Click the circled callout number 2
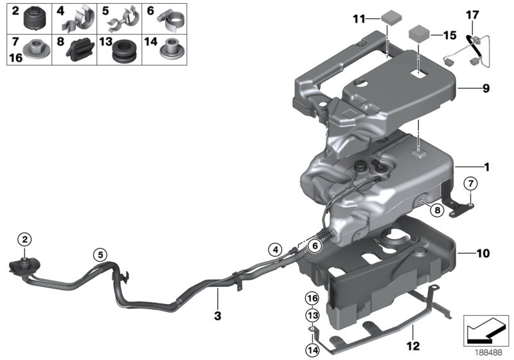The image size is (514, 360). point(24,240)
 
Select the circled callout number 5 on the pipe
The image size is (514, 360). point(100,254)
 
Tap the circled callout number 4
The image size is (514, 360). point(276,249)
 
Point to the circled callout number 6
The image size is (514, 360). point(315,245)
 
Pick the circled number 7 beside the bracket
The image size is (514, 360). point(470,184)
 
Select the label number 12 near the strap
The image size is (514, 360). point(412,332)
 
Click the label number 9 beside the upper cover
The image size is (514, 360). point(486,88)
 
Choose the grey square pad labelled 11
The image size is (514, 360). point(389,15)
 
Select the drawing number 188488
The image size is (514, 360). point(488,352)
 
